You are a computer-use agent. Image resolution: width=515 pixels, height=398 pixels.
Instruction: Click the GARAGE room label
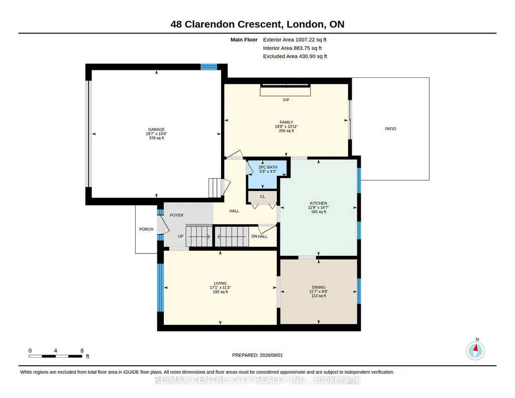[x=156, y=129]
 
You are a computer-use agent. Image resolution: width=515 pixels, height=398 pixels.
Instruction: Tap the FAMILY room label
[x=286, y=122]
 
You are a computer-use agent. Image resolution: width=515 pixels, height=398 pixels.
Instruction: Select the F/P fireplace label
[x=286, y=100]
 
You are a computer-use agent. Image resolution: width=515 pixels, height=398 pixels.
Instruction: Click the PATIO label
[x=390, y=129]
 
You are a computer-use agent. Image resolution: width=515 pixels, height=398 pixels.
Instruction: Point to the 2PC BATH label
[x=268, y=167]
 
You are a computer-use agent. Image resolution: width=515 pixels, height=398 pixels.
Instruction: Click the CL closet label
[x=262, y=196]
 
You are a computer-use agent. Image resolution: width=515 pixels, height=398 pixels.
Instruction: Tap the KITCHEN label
[x=319, y=203]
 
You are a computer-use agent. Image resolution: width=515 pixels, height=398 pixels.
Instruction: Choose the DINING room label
[x=319, y=287]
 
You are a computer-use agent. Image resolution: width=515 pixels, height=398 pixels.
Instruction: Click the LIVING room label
[x=220, y=283]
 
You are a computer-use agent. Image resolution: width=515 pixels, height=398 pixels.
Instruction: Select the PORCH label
[x=146, y=229]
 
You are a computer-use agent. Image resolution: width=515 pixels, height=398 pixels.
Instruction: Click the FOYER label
[x=177, y=215]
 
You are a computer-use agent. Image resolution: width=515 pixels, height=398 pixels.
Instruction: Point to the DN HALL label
[x=259, y=236]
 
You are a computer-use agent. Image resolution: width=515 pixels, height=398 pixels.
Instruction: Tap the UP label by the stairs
[x=181, y=236]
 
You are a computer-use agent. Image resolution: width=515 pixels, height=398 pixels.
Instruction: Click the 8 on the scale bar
[x=82, y=351]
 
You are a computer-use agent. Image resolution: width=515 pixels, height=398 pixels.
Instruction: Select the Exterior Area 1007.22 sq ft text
[x=294, y=40]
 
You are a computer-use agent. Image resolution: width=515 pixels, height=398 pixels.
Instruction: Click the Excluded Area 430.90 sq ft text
[x=295, y=56]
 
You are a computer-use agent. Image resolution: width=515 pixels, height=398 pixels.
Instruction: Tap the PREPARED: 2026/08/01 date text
[x=257, y=355]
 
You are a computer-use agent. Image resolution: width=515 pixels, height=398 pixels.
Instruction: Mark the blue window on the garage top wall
[x=209, y=67]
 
